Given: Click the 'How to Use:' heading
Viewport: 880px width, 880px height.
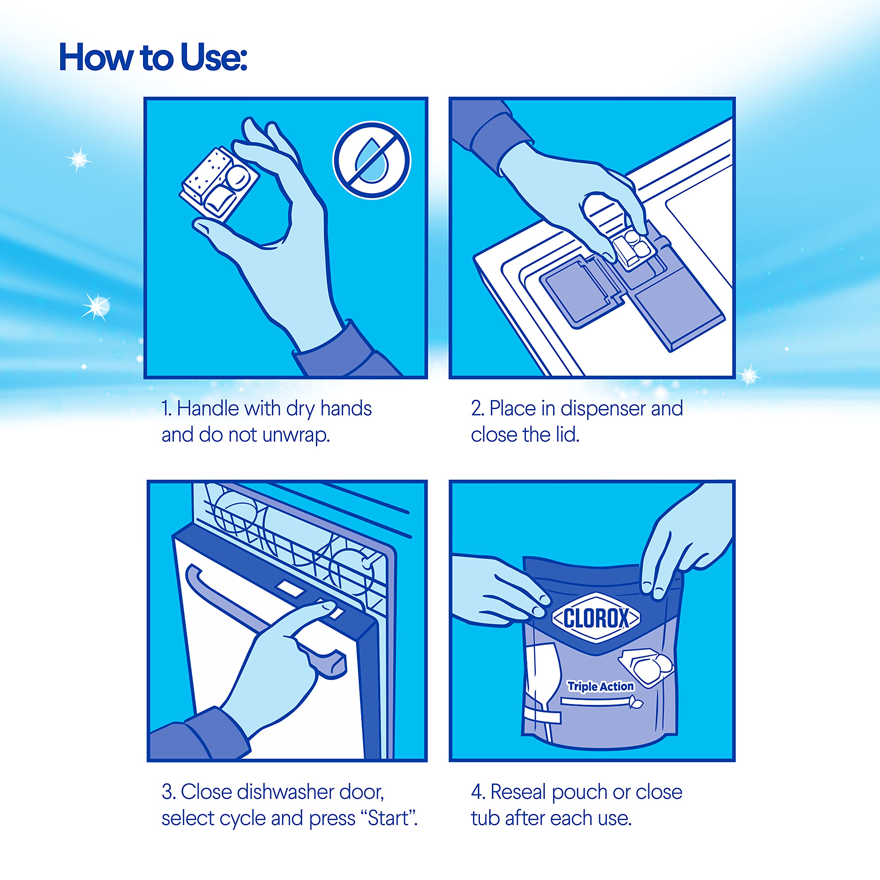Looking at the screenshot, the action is pos(153,57).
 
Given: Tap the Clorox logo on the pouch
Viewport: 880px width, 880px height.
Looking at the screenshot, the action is pos(596,618).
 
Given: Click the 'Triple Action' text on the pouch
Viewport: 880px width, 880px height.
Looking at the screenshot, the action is pos(600,686).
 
